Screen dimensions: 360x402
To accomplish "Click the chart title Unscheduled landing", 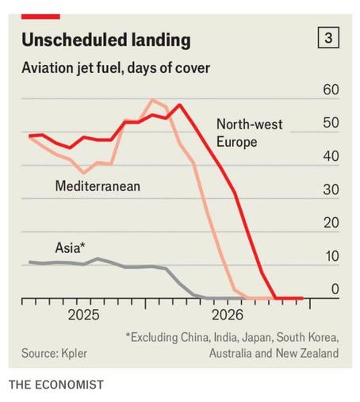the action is pyautogui.click(x=106, y=40).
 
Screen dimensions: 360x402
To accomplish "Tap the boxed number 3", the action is pyautogui.click(x=328, y=37).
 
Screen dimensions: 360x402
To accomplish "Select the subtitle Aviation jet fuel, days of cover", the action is pyautogui.click(x=116, y=68).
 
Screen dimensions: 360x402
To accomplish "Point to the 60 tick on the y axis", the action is pyautogui.click(x=331, y=90).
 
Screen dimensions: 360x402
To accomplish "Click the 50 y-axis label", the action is pyautogui.click(x=331, y=123).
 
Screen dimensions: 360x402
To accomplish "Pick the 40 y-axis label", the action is pyautogui.click(x=331, y=156).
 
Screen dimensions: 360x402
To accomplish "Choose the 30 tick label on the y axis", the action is pyautogui.click(x=331, y=190).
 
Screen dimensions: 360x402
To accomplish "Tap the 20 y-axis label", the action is pyautogui.click(x=331, y=223).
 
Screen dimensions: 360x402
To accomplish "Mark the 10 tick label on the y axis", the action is pyautogui.click(x=331, y=256).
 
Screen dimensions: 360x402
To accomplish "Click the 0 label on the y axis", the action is pyautogui.click(x=335, y=289).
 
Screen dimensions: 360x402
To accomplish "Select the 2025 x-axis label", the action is pyautogui.click(x=83, y=315).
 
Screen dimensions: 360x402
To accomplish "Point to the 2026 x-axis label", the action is pyautogui.click(x=228, y=315).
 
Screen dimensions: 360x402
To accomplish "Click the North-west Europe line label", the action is pyautogui.click(x=250, y=133).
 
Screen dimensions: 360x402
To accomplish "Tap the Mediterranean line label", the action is pyautogui.click(x=98, y=186).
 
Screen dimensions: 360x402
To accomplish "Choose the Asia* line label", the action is pyautogui.click(x=70, y=248).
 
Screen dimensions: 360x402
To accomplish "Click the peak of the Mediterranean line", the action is pyautogui.click(x=152, y=100).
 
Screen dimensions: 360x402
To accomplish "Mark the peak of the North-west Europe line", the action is pyautogui.click(x=180, y=105).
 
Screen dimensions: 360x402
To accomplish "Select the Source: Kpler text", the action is pyautogui.click(x=54, y=354).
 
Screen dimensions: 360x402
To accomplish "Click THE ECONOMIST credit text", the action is pyautogui.click(x=56, y=385).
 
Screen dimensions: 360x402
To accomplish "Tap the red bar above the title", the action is pyautogui.click(x=40, y=17).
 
